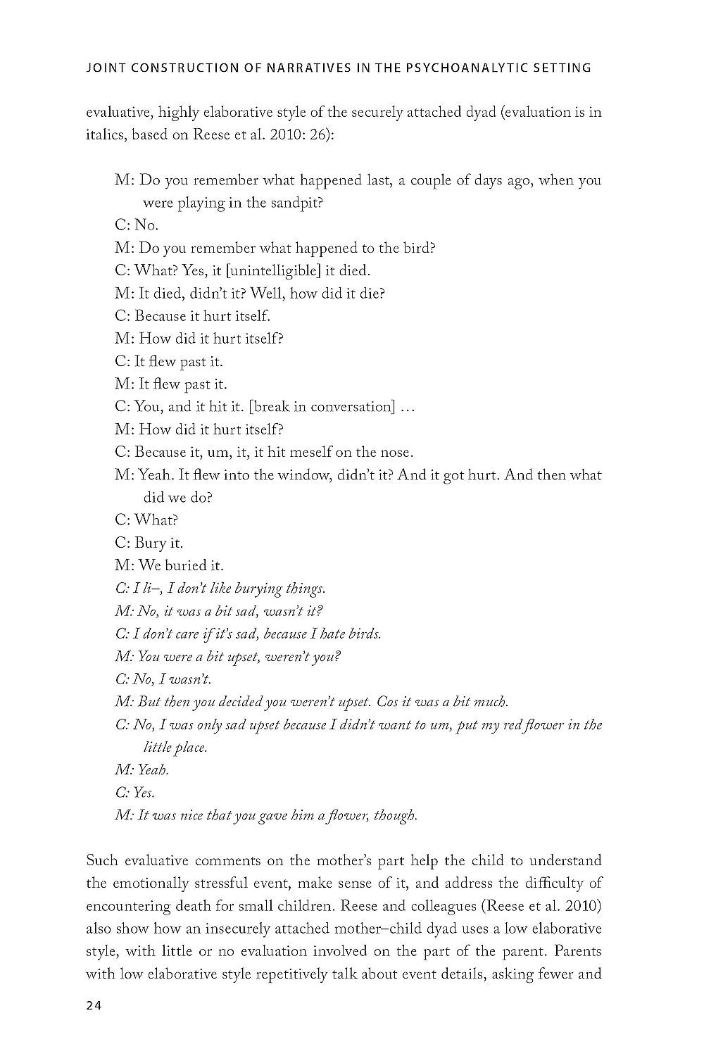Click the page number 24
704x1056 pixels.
click(94, 1005)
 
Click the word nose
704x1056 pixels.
click(398, 452)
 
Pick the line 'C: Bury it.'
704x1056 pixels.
click(148, 543)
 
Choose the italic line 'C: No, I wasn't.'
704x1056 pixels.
click(163, 679)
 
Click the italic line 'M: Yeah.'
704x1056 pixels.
click(142, 770)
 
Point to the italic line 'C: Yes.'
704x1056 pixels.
click(134, 793)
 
